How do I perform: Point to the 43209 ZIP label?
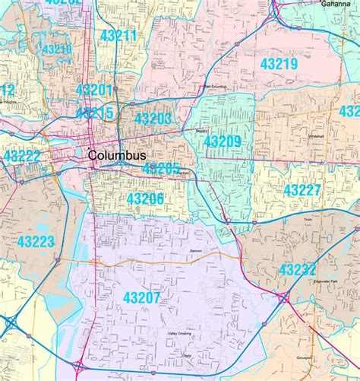click(x=223, y=141)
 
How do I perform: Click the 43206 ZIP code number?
click(x=145, y=198)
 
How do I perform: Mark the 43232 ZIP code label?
click(x=297, y=269)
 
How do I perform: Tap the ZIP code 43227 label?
click(x=302, y=189)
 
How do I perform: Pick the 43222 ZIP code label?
click(x=22, y=155)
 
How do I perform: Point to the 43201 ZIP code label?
click(x=94, y=90)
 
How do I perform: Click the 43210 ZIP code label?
click(x=58, y=49)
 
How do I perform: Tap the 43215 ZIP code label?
click(x=95, y=113)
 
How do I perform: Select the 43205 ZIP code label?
click(x=161, y=169)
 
